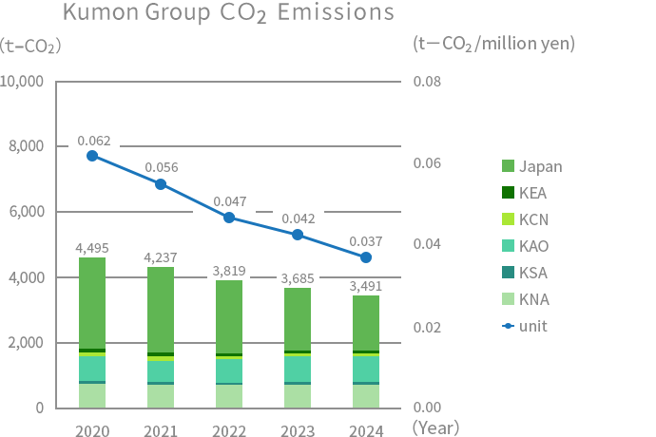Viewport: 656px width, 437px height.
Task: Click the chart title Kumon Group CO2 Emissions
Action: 228,14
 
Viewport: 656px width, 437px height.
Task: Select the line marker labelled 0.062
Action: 92,156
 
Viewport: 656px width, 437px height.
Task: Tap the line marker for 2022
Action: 229,218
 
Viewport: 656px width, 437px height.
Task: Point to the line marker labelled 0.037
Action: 366,257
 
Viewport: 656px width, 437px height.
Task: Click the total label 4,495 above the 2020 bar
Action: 92,248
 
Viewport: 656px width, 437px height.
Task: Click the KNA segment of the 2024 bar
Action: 366,396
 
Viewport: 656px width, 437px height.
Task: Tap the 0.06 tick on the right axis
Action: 429,162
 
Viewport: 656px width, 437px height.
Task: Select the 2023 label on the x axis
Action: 298,430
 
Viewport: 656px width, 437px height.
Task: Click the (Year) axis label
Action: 436,427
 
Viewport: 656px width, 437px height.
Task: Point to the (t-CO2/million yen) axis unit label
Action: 494,43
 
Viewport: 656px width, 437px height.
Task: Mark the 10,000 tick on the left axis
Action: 22,82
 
